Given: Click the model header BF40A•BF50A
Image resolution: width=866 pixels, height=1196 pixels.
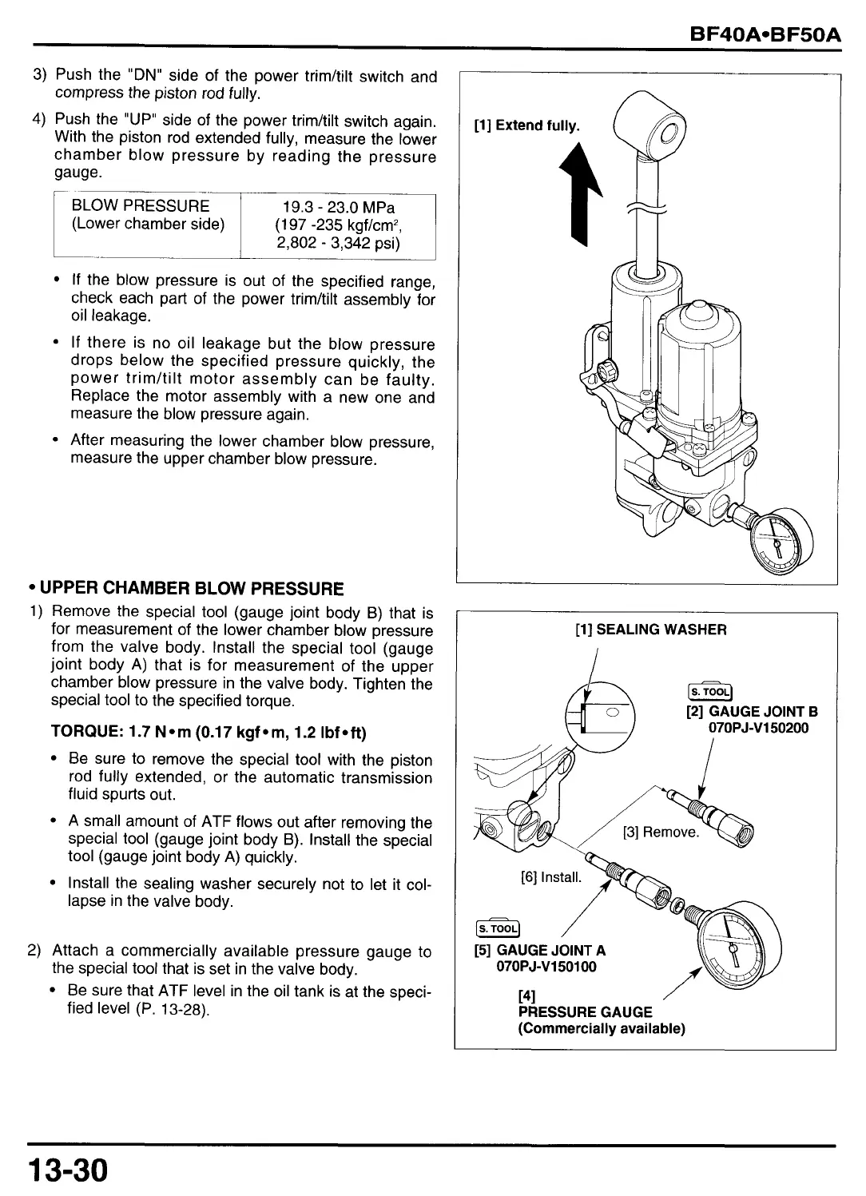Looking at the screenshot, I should click(x=765, y=34).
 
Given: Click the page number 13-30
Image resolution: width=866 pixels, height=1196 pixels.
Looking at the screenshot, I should click(x=67, y=1171).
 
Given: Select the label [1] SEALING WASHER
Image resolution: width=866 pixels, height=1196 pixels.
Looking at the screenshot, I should click(x=650, y=630).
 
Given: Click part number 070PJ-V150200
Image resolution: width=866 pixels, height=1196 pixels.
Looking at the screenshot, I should click(x=758, y=728).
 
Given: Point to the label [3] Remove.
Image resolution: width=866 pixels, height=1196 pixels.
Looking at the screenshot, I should click(x=661, y=832).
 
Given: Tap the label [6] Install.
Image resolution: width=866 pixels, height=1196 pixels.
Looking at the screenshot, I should click(x=552, y=877).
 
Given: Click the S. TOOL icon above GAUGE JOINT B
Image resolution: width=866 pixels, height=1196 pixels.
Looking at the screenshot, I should click(x=709, y=693).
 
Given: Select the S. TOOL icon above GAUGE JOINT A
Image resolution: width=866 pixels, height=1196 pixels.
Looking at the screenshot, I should click(x=497, y=928).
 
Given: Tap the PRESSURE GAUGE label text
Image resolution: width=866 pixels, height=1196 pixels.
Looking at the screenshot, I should click(x=585, y=1011).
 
